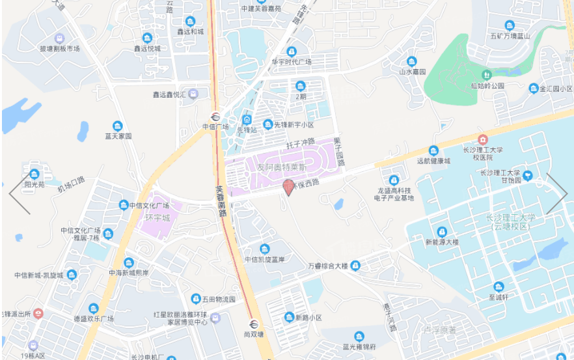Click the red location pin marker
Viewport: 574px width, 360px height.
[x=289, y=188]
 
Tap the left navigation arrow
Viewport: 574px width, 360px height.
[x=20, y=193]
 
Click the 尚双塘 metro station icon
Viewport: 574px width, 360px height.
[x=253, y=324]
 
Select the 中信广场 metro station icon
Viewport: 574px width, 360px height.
[x=215, y=117]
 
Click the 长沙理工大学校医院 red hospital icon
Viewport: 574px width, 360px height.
[x=482, y=139]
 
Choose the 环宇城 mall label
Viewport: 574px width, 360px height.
[x=157, y=217]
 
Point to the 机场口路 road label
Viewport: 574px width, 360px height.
[x=71, y=184]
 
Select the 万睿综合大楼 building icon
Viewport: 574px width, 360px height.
[x=355, y=266]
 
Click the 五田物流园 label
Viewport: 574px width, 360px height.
[x=217, y=299]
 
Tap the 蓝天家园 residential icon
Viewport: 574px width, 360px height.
[x=117, y=126]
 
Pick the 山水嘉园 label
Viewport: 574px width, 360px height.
[x=412, y=72]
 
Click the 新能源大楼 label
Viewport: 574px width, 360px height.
[x=442, y=242]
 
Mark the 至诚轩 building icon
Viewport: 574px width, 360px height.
[x=499, y=287]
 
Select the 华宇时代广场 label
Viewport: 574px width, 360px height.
[x=292, y=62]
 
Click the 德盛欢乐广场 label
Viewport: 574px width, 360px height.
[x=94, y=319]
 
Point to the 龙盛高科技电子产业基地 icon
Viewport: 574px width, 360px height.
[x=394, y=180]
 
